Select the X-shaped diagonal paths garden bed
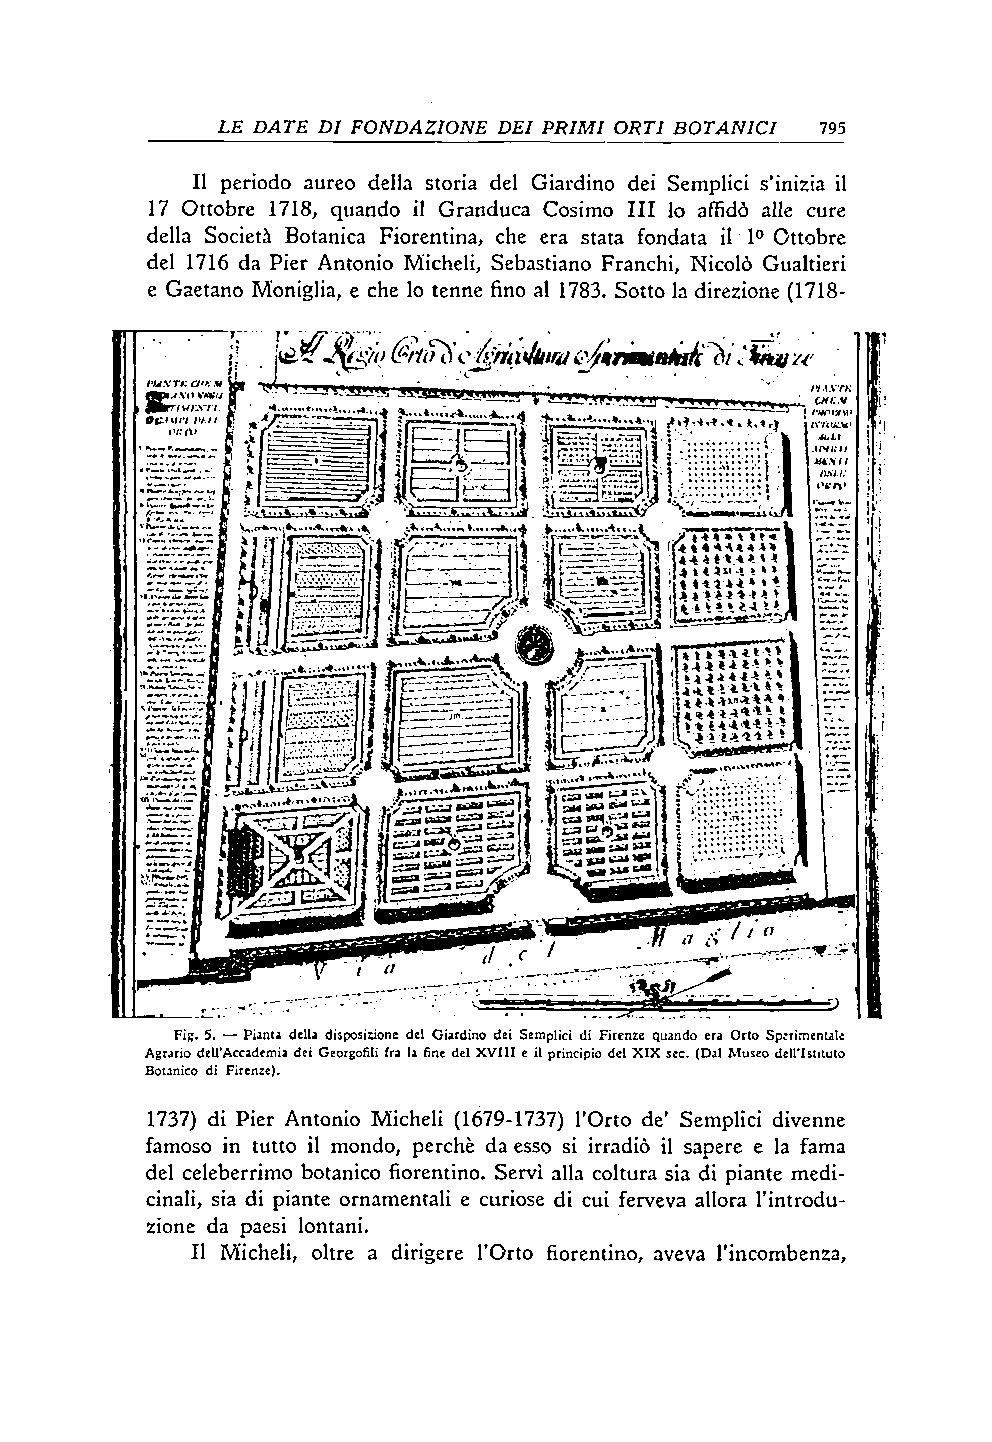point(298,857)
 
